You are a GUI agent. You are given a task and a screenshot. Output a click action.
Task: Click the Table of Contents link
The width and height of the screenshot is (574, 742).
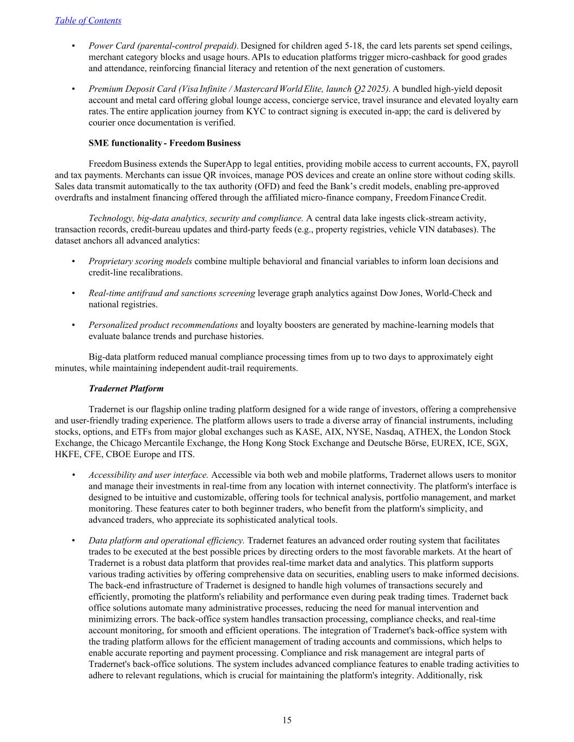click(88, 21)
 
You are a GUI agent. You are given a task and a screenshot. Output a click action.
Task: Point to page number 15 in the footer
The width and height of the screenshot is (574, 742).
click(287, 720)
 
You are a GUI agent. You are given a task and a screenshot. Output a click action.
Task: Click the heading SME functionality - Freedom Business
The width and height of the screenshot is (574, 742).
click(164, 143)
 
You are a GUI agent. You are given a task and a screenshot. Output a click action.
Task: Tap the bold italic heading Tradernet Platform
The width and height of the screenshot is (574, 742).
click(126, 389)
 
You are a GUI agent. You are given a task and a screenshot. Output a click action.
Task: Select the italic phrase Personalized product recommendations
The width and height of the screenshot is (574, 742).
click(163, 325)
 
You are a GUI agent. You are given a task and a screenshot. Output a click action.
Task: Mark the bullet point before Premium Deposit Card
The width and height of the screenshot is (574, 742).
click(73, 89)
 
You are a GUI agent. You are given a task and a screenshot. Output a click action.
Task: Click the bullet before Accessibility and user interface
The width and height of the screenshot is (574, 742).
click(73, 475)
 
